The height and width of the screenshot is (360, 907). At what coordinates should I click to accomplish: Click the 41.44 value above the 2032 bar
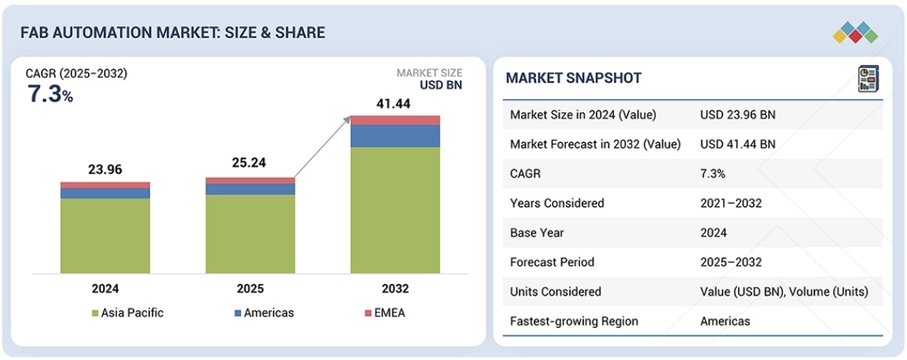pos(395,102)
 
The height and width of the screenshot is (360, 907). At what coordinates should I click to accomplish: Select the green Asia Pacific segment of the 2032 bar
pos(395,210)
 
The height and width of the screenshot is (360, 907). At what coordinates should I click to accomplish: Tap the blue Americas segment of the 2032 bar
pos(395,136)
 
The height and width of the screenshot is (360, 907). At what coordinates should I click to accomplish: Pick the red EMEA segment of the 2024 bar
pos(105,185)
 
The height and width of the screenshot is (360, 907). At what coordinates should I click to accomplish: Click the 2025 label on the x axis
pos(250,288)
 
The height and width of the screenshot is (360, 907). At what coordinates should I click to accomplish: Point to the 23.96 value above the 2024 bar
pos(105,170)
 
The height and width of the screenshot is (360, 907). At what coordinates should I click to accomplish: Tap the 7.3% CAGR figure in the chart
pos(50,94)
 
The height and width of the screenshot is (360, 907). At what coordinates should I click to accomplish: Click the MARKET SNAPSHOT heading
pos(573,78)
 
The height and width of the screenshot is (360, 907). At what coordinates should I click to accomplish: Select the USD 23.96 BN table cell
pos(737,115)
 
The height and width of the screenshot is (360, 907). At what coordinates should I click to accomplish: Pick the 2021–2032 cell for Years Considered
pos(731,203)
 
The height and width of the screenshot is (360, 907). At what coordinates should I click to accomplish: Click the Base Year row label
pos(537,233)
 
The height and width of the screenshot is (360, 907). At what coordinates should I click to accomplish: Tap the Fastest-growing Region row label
pos(574,321)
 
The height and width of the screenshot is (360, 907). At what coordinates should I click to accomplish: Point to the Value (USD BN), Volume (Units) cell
pos(784,292)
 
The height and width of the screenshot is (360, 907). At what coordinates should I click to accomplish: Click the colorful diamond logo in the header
pos(854,32)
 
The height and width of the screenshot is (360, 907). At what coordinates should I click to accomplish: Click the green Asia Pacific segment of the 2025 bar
pos(250,233)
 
